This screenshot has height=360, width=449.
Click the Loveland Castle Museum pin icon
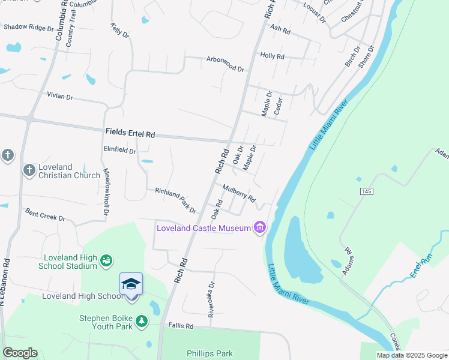click(x=260, y=227)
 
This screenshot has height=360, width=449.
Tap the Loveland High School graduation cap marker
click(x=131, y=283)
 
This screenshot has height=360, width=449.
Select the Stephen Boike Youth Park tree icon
click(x=142, y=321)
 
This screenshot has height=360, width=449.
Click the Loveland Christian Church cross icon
click(x=29, y=170)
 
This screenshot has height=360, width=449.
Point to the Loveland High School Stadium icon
click(x=106, y=260)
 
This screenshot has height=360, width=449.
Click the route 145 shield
click(x=366, y=191)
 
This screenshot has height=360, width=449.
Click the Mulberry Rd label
click(x=239, y=193)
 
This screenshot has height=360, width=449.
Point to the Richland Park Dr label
click(x=175, y=199)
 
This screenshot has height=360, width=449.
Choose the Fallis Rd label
click(x=181, y=326)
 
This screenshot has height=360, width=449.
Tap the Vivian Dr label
click(x=59, y=96)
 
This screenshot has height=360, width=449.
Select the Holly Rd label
click(x=272, y=56)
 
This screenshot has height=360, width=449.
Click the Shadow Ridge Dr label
click(x=29, y=28)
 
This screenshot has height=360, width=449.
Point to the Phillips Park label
click(x=209, y=353)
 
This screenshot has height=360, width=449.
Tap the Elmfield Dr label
click(x=119, y=151)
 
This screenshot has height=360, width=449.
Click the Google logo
click(x=20, y=353)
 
